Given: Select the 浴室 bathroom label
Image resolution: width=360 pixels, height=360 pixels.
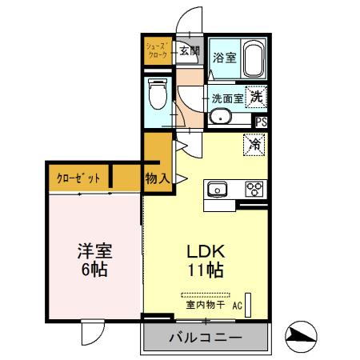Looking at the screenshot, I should coord(225,57).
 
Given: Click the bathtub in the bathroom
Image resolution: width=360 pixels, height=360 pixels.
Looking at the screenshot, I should coord(254,58).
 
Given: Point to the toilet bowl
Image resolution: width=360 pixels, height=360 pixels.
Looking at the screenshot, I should coord(158,98).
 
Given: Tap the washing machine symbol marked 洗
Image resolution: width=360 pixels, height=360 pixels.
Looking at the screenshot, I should coord(256,97).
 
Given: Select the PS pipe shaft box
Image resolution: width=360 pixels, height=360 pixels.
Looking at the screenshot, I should coord(261,122).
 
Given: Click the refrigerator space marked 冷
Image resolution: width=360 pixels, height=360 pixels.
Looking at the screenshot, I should coord(254,146).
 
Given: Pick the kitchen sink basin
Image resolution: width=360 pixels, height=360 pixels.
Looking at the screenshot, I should coord(218,190).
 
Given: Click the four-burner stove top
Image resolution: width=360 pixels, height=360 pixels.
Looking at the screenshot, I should coord(254,190).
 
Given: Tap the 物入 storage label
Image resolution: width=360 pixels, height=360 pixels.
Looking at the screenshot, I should coord(157,178).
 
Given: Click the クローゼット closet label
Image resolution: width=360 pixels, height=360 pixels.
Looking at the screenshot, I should coord(77,178).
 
